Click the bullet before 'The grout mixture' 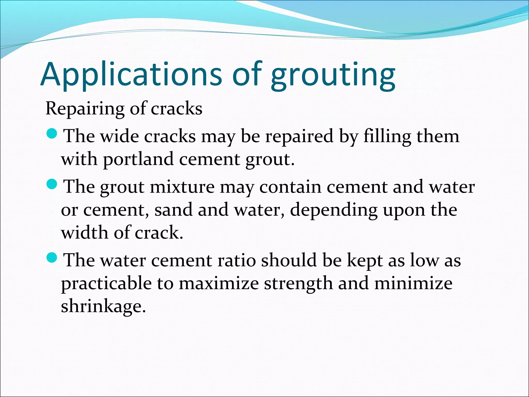(52, 184)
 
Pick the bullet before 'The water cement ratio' (52, 258)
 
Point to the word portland (138, 160)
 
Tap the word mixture (182, 187)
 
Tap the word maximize (219, 284)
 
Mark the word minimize (413, 284)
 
